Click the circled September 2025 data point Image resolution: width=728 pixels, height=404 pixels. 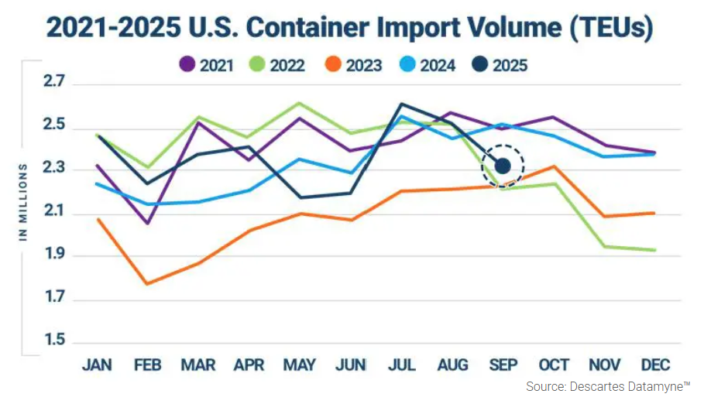pyautogui.click(x=502, y=165)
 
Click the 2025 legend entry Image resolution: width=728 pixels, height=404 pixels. pyautogui.click(x=503, y=65)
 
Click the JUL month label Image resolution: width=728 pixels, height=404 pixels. pyautogui.click(x=401, y=365)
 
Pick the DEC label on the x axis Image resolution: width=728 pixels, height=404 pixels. pyautogui.click(x=655, y=365)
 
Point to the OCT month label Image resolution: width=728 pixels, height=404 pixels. pyautogui.click(x=554, y=365)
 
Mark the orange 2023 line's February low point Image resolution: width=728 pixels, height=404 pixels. pyautogui.click(x=146, y=284)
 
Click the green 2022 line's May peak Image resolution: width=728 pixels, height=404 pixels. pyautogui.click(x=300, y=103)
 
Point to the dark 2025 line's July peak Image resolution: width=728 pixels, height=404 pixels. pyautogui.click(x=401, y=104)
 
